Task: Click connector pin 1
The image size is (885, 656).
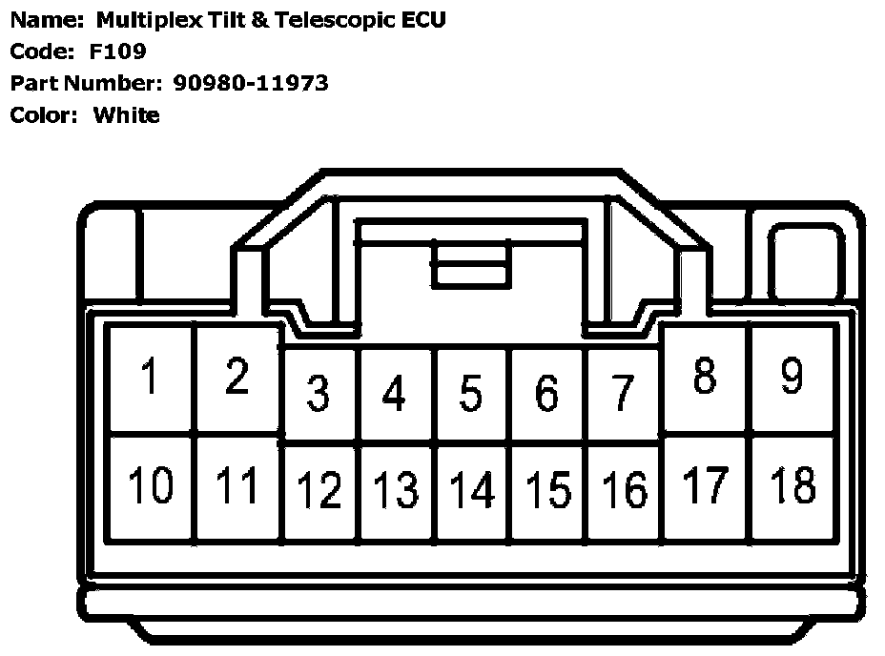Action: [x=150, y=378]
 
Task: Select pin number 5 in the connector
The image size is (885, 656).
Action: [x=470, y=393]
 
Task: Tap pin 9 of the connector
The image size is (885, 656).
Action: [x=792, y=376]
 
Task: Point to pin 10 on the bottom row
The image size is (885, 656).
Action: [x=150, y=486]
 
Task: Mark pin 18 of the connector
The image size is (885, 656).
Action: [x=792, y=486]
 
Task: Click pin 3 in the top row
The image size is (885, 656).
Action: [x=319, y=393]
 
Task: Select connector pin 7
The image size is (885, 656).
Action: [x=622, y=393]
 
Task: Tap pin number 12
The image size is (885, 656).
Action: [x=319, y=490]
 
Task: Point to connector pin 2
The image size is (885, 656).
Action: [x=237, y=378]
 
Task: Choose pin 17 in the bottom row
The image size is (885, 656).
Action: [x=706, y=486]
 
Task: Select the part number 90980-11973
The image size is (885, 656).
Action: [x=251, y=83]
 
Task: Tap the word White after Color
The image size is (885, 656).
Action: [x=127, y=115]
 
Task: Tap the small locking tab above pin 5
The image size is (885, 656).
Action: [x=471, y=265]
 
